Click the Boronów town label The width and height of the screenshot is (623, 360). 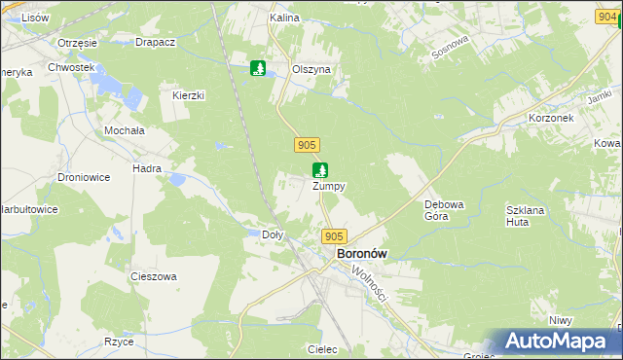[361, 253]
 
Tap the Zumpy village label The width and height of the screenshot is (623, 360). [328, 186]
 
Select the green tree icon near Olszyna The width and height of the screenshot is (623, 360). [259, 68]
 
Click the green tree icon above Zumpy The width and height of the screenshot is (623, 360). [320, 170]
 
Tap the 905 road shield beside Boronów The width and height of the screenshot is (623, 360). [334, 236]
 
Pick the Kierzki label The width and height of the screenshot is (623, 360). [188, 95]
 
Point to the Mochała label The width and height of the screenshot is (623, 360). [124, 129]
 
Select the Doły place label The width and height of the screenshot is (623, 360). [274, 234]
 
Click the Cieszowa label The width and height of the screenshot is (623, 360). [154, 276]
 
